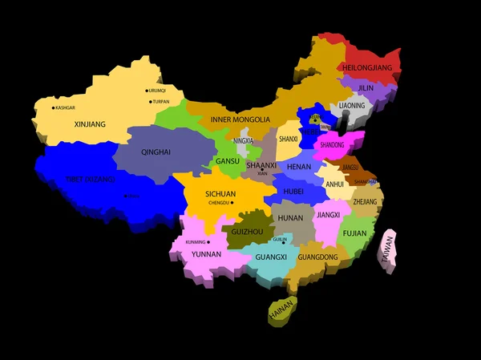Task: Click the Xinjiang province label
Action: (90, 124)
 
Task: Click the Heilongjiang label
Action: (368, 68)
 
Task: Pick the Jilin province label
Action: (366, 88)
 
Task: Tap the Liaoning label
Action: (351, 106)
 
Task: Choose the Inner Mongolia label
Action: (240, 119)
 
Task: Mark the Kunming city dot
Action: (208, 241)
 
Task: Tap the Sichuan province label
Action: (220, 194)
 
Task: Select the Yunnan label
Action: (206, 254)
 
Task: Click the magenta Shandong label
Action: (332, 145)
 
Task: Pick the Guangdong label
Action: (318, 257)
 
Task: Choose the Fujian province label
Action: (354, 233)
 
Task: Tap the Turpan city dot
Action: (150, 102)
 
